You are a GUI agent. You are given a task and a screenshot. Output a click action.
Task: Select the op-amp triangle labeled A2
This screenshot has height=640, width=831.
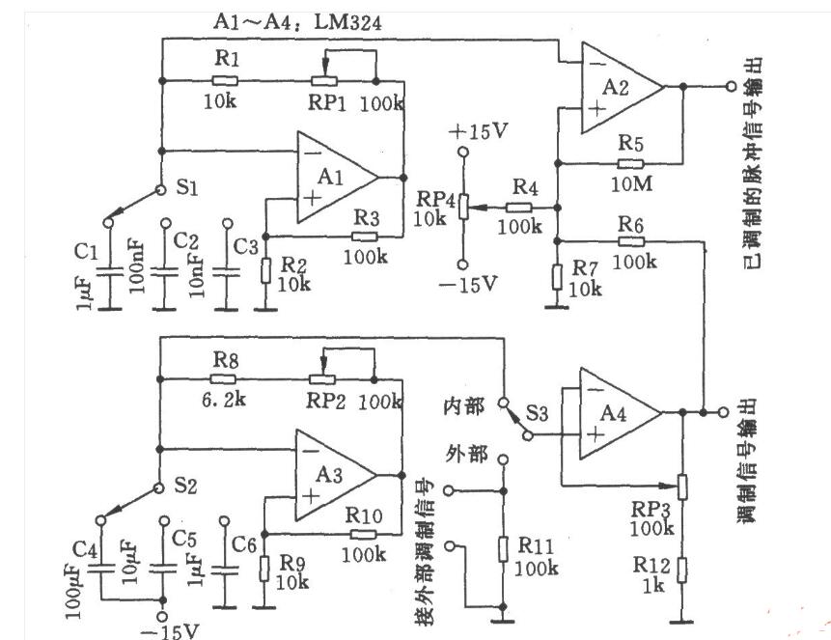click(618, 88)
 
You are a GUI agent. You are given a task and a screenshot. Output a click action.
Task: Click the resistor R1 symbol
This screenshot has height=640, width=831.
click(224, 79)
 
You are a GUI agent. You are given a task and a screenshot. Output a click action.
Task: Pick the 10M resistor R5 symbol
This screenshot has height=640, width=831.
click(629, 163)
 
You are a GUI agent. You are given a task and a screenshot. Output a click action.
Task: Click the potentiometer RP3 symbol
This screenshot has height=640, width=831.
click(682, 485)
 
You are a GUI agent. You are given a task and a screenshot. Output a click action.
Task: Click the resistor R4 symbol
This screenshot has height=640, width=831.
click(519, 207)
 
